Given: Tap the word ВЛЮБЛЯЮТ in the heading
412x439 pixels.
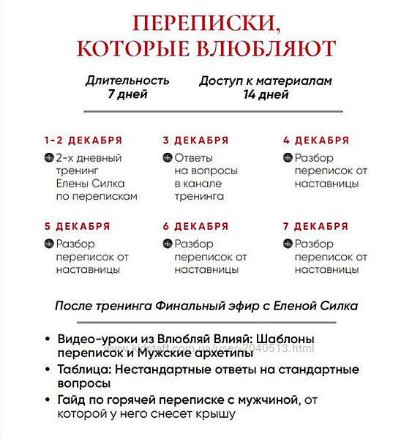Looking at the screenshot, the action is [270, 48].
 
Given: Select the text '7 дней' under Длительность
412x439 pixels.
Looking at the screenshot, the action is [127, 94].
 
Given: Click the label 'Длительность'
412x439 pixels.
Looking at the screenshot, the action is [127, 80].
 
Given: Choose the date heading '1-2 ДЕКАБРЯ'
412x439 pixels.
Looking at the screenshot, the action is [83, 140].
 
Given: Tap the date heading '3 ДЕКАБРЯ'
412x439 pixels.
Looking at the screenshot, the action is [195, 140].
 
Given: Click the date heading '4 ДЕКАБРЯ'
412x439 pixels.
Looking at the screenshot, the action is [316, 140].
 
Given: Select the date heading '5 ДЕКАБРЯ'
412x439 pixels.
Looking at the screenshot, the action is [77, 226].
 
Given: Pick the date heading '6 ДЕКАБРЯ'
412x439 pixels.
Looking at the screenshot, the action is [195, 226].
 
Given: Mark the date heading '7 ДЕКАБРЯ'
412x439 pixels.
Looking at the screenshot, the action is [316, 226].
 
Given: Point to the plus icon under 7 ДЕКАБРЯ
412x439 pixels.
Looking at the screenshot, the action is [288, 244].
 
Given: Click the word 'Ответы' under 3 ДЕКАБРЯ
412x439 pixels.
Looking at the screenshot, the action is [194, 158].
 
